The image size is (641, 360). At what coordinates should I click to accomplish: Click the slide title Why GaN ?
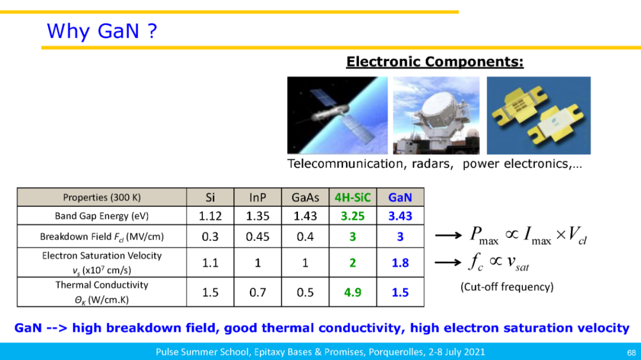(x=102, y=31)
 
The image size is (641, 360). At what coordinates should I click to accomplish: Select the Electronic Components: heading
(x=434, y=62)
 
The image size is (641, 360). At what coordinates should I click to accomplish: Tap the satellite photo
(x=337, y=115)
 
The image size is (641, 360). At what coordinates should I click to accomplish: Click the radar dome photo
(x=436, y=115)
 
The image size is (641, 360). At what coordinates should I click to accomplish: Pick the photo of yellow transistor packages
(x=538, y=115)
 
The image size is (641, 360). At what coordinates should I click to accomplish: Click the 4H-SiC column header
(x=353, y=197)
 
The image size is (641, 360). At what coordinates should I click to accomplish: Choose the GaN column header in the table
(x=400, y=197)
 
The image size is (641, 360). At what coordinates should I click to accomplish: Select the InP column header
(x=258, y=197)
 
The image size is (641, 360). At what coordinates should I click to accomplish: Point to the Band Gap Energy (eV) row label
(x=102, y=216)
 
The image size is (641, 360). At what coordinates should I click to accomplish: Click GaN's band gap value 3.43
(x=400, y=216)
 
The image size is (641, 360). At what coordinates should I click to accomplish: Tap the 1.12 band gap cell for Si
(x=210, y=216)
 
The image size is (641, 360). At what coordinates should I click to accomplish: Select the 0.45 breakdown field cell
(x=258, y=237)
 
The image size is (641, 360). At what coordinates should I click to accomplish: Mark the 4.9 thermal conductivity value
(x=353, y=292)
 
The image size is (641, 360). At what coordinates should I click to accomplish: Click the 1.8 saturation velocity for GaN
(x=400, y=263)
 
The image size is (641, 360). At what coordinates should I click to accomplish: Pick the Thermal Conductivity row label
(x=102, y=292)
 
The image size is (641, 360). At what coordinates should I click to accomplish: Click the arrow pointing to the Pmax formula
(x=449, y=235)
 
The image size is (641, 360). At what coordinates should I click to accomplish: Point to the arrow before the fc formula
(x=449, y=262)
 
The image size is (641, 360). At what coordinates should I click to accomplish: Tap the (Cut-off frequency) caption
(x=507, y=287)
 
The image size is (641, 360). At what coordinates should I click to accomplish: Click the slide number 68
(x=632, y=353)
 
